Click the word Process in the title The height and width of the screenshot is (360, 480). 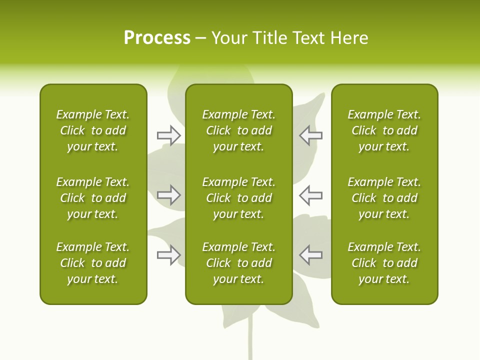coord(157,38)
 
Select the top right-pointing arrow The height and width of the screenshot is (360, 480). coord(169,135)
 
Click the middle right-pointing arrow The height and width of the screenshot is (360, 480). coord(169,195)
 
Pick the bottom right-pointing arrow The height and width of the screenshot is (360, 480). coord(169,255)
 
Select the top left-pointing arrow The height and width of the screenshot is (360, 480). coord(310,135)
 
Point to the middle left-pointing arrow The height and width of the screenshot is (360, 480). coord(310,195)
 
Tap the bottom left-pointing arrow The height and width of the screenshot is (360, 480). coord(310,255)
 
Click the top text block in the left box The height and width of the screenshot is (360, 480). coord(93,130)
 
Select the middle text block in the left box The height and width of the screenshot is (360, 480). coord(93,198)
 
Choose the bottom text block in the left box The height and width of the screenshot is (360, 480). coord(93,263)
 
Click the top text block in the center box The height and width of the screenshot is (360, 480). coord(238,130)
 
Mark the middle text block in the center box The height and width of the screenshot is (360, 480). coord(238,198)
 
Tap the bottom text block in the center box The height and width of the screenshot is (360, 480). coord(238,263)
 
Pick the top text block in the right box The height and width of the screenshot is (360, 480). coord(384,130)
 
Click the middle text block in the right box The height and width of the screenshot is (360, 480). coord(384,198)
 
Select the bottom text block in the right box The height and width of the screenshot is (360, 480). coord(384,263)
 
